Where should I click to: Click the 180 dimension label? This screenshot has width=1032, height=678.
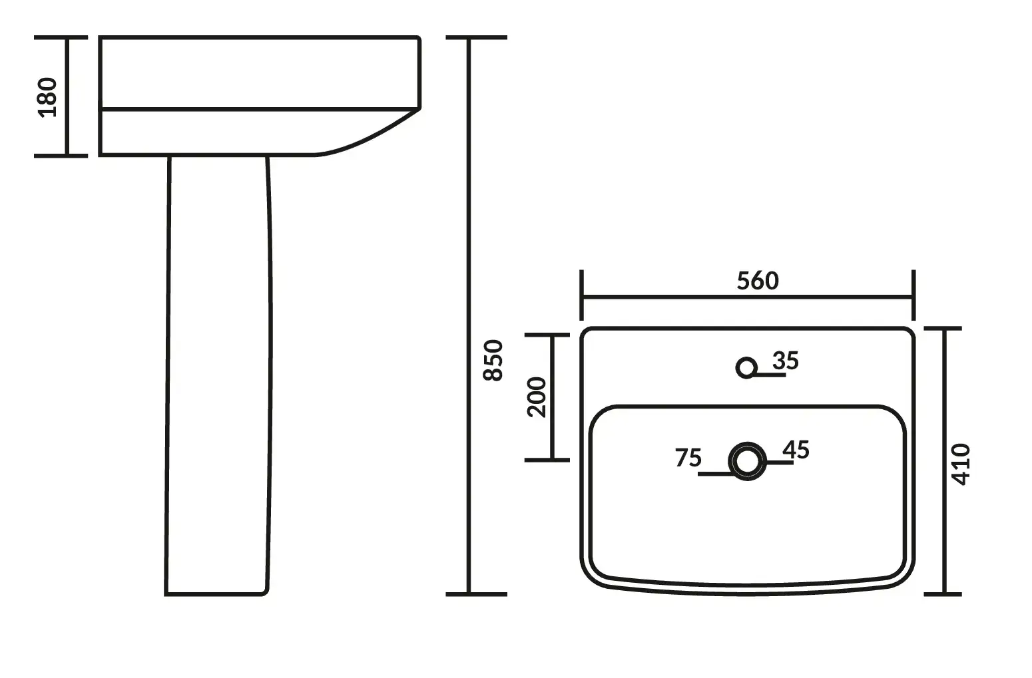coord(47,98)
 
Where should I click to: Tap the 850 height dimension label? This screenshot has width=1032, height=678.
coord(493,361)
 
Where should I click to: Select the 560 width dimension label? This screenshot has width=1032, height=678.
coord(758,281)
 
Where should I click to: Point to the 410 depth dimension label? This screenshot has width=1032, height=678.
coord(961,464)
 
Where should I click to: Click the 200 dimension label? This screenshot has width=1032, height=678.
coord(536,397)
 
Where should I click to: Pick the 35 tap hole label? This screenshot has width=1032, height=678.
coord(786,361)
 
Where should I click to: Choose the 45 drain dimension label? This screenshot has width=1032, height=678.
coord(796,450)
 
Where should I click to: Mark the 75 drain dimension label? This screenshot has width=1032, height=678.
coord(688,458)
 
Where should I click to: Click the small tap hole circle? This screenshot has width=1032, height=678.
coord(746,368)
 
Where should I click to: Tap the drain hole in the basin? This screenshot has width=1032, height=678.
coord(747,461)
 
